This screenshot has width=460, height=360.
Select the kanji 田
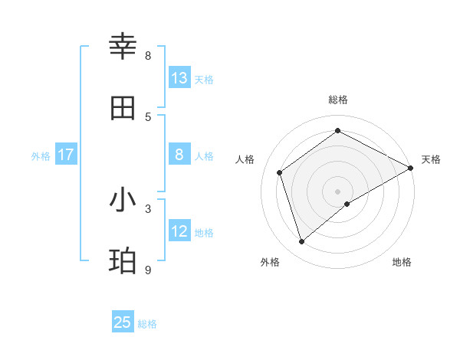point(123,108)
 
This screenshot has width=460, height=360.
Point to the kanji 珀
point(123,261)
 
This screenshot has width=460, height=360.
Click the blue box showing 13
point(179,78)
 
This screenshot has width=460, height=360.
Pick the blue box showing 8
point(179,155)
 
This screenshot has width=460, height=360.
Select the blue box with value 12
point(179,231)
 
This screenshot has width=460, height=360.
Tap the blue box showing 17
point(66,155)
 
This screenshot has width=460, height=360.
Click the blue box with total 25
point(123,322)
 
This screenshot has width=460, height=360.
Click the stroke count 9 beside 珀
point(148,270)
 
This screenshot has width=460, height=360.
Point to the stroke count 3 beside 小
point(148,208)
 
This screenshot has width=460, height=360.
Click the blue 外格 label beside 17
point(41,155)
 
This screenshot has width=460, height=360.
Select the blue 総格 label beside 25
point(148,324)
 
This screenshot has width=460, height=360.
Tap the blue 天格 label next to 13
point(204,79)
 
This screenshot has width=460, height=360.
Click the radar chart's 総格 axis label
point(338,100)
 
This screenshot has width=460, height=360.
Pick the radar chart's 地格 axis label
point(402,262)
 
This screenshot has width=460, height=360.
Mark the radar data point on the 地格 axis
point(347,204)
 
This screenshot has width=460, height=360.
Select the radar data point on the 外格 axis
point(302,242)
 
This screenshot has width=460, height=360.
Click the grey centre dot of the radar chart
point(338,191)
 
